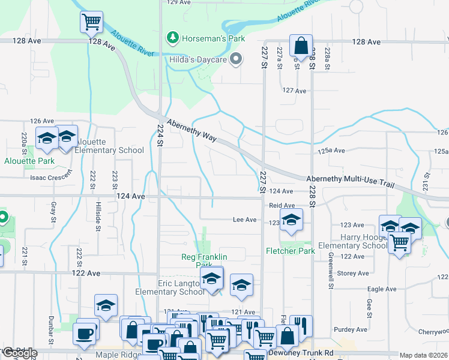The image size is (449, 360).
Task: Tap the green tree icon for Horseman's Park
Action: [173, 38]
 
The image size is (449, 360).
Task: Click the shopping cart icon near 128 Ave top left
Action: [91, 22]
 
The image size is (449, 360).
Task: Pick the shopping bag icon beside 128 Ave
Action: [301, 46]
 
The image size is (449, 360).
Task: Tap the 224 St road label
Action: [160, 139]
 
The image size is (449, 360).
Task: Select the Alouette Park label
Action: [29, 161]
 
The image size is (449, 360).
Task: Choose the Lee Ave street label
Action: [245, 220]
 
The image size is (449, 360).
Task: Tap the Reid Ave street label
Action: [282, 205]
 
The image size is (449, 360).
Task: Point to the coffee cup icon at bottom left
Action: [85, 333]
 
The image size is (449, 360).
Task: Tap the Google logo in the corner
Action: [20, 353]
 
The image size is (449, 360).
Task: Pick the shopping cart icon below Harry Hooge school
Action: [400, 243]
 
